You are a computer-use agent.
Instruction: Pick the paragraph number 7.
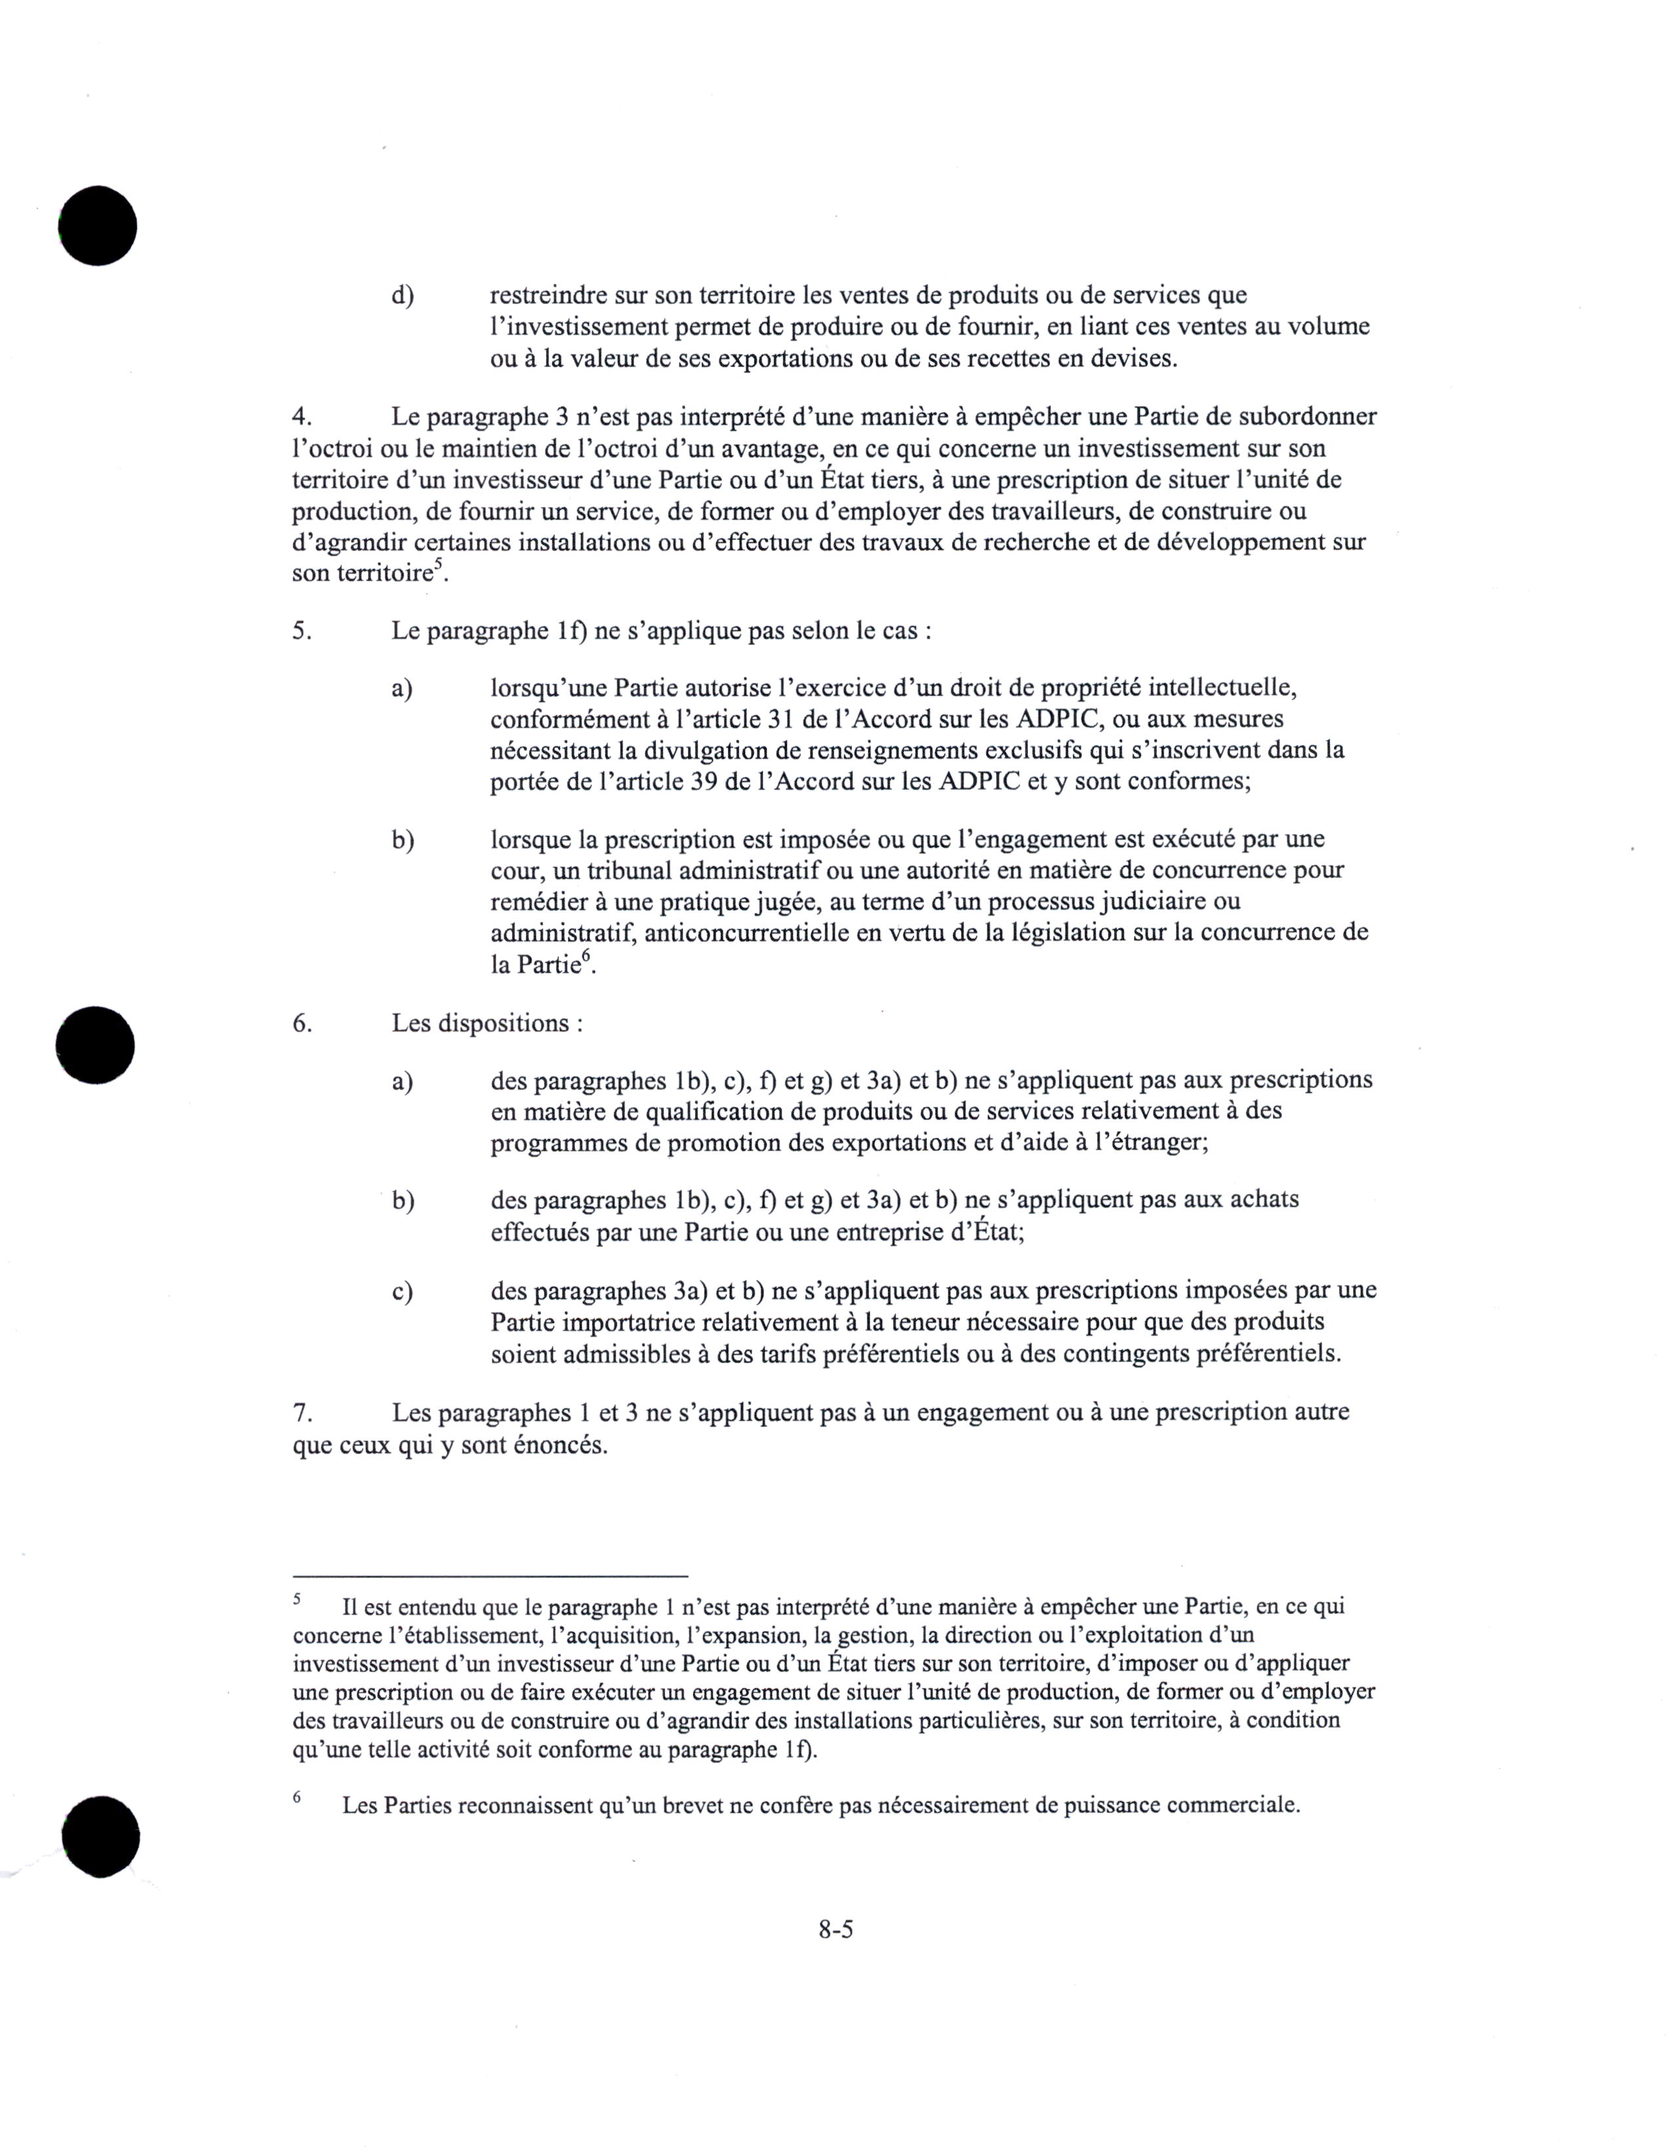(x=302, y=1413)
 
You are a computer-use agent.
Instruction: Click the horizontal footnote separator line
(x=489, y=1575)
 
